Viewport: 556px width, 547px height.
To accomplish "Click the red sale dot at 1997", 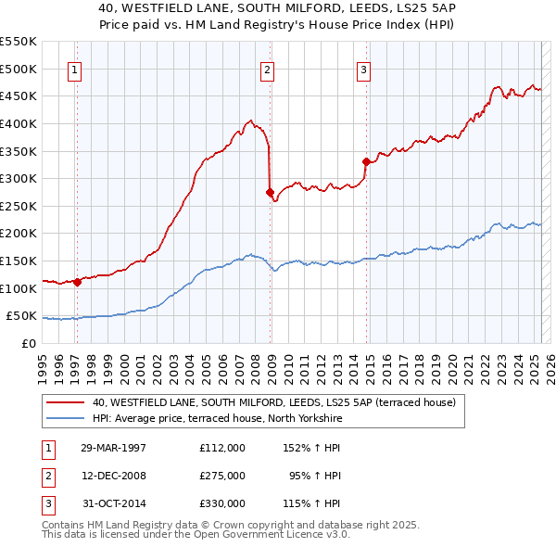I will point(78,283).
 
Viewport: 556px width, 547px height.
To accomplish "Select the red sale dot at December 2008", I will point(270,193).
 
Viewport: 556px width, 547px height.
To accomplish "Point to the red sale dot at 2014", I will point(366,162).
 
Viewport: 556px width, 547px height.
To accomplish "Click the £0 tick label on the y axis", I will point(28,343).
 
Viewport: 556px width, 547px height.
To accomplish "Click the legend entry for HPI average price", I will point(218,419).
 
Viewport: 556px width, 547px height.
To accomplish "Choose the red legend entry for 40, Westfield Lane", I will point(273,403).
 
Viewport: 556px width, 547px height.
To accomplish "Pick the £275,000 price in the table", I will point(222,476).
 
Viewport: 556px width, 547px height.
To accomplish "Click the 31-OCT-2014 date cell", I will point(113,503).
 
